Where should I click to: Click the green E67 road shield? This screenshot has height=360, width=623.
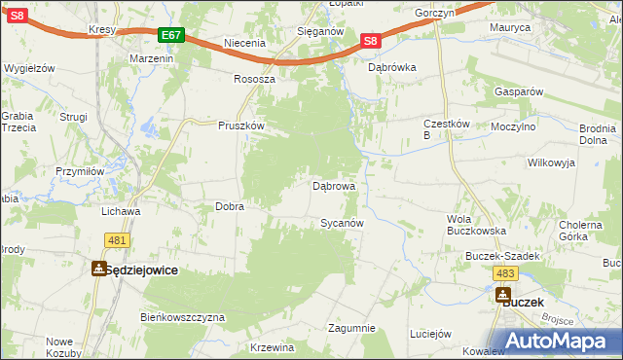171,35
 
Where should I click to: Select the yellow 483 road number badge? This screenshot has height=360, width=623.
504,274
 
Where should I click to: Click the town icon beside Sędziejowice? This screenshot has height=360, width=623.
99,270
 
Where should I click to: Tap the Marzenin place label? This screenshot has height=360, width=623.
151,58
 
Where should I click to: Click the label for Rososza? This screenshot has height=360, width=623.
255,79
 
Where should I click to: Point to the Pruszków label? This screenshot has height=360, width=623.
241,126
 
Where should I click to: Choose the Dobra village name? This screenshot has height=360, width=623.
229,206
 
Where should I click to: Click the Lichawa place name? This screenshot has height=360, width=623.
122,210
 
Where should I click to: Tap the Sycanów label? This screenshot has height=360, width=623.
342,223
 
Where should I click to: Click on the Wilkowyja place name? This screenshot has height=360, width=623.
551,163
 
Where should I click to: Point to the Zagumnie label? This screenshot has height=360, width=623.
351,328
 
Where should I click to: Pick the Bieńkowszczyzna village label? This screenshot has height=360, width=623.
183,317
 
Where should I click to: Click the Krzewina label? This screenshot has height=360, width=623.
272,347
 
